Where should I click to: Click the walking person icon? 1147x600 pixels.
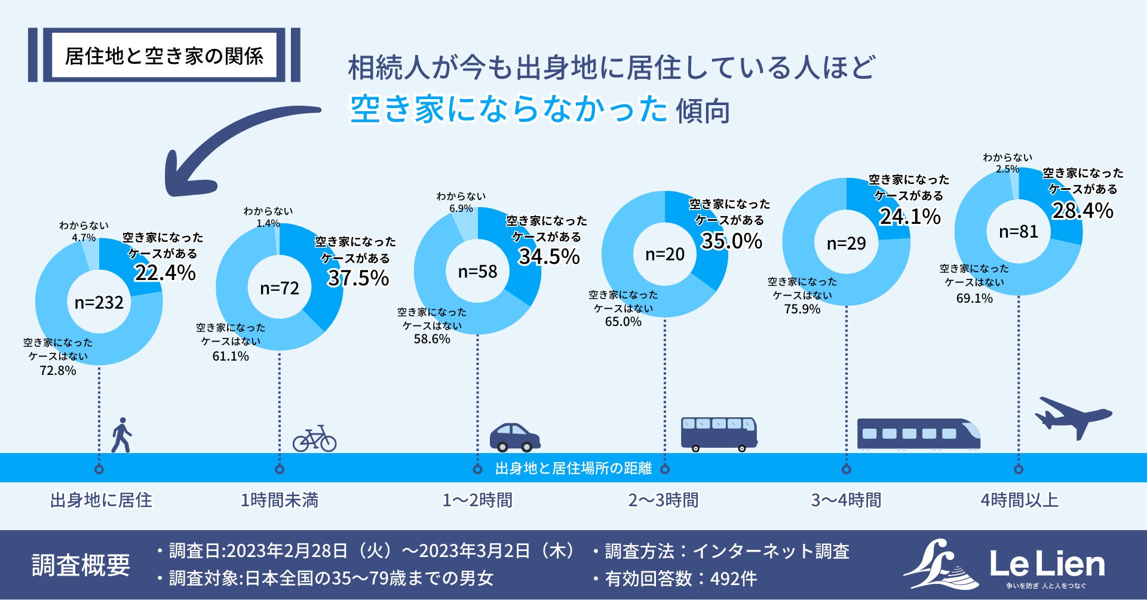click(121, 435)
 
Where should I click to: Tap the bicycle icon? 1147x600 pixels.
click(314, 439)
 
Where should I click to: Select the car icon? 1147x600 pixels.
click(514, 438)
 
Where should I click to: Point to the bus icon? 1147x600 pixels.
click(719, 433)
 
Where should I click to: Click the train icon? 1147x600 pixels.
click(918, 433)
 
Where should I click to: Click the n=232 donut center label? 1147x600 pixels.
click(99, 303)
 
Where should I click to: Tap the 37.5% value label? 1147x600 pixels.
click(358, 278)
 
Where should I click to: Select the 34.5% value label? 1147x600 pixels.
click(549, 257)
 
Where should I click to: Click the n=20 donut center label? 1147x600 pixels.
click(665, 255)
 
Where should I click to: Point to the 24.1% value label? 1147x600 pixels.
click(910, 216)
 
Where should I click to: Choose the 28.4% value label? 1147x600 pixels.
click(1082, 211)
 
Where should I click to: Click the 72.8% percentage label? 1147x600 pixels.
click(58, 371)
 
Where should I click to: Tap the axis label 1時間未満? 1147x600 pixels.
click(280, 500)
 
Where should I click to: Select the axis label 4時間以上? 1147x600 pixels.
click(1019, 500)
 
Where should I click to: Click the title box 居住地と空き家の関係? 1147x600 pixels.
click(164, 56)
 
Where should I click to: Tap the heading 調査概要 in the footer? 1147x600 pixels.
click(81, 565)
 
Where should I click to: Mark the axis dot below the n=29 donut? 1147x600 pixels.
click(846, 469)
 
